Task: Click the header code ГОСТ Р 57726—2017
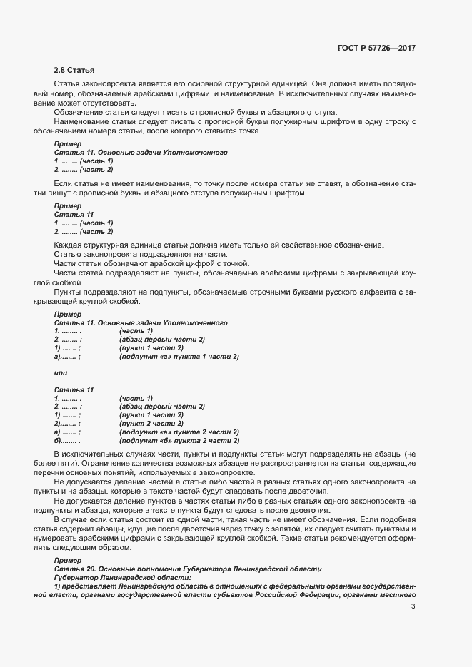pos(376,49)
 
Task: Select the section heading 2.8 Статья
pos(74,70)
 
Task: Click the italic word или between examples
pos(61,374)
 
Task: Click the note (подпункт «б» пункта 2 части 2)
pos(179,441)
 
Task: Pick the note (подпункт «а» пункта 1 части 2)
pos(179,357)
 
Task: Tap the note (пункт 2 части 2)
pos(151,424)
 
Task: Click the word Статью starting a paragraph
pos(69,255)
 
